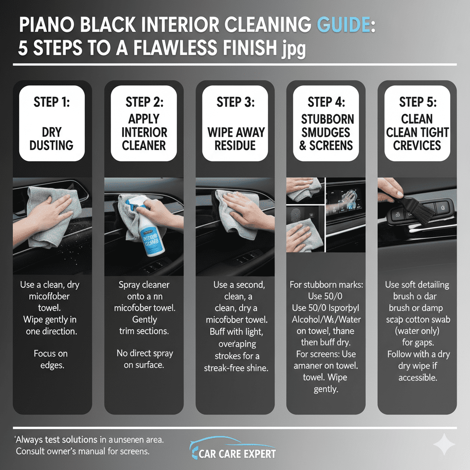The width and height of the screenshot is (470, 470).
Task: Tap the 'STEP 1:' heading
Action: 51,102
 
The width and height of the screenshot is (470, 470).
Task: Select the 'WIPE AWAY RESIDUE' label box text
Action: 236,139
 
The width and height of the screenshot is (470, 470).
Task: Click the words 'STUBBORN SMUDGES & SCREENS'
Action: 327,132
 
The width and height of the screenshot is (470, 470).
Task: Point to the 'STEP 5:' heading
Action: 417,102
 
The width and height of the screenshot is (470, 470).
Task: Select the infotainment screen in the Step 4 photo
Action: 349,202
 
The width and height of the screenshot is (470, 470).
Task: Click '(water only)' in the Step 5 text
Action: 417,331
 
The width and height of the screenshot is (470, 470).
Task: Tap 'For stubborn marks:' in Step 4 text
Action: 326,285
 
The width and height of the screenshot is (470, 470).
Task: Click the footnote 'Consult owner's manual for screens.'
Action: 83,451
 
